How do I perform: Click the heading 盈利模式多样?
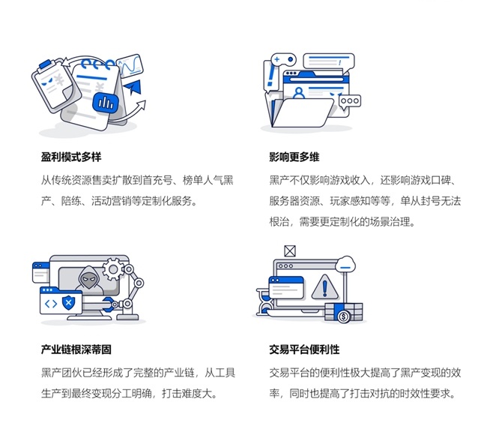(71, 157)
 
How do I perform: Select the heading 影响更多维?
(294, 157)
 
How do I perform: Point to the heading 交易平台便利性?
(304, 350)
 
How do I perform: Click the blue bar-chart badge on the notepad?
(107, 102)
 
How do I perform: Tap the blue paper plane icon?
(134, 88)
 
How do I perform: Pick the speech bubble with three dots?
(349, 102)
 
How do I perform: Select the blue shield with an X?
(70, 303)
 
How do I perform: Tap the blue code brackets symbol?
(50, 303)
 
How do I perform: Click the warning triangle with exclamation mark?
(324, 286)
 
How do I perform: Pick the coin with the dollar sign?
(344, 316)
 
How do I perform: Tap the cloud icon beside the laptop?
(345, 263)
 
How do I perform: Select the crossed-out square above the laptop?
(289, 251)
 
